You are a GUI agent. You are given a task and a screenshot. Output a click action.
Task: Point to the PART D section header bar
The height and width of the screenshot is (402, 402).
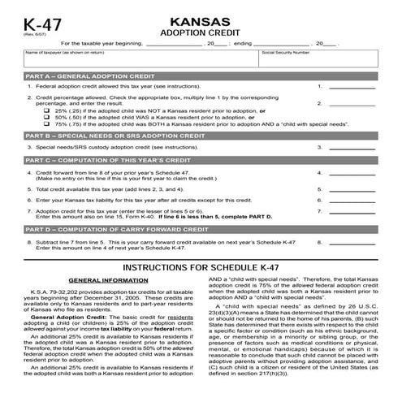pos(201,230)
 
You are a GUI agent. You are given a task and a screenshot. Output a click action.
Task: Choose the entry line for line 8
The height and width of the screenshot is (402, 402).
pos(352,242)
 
